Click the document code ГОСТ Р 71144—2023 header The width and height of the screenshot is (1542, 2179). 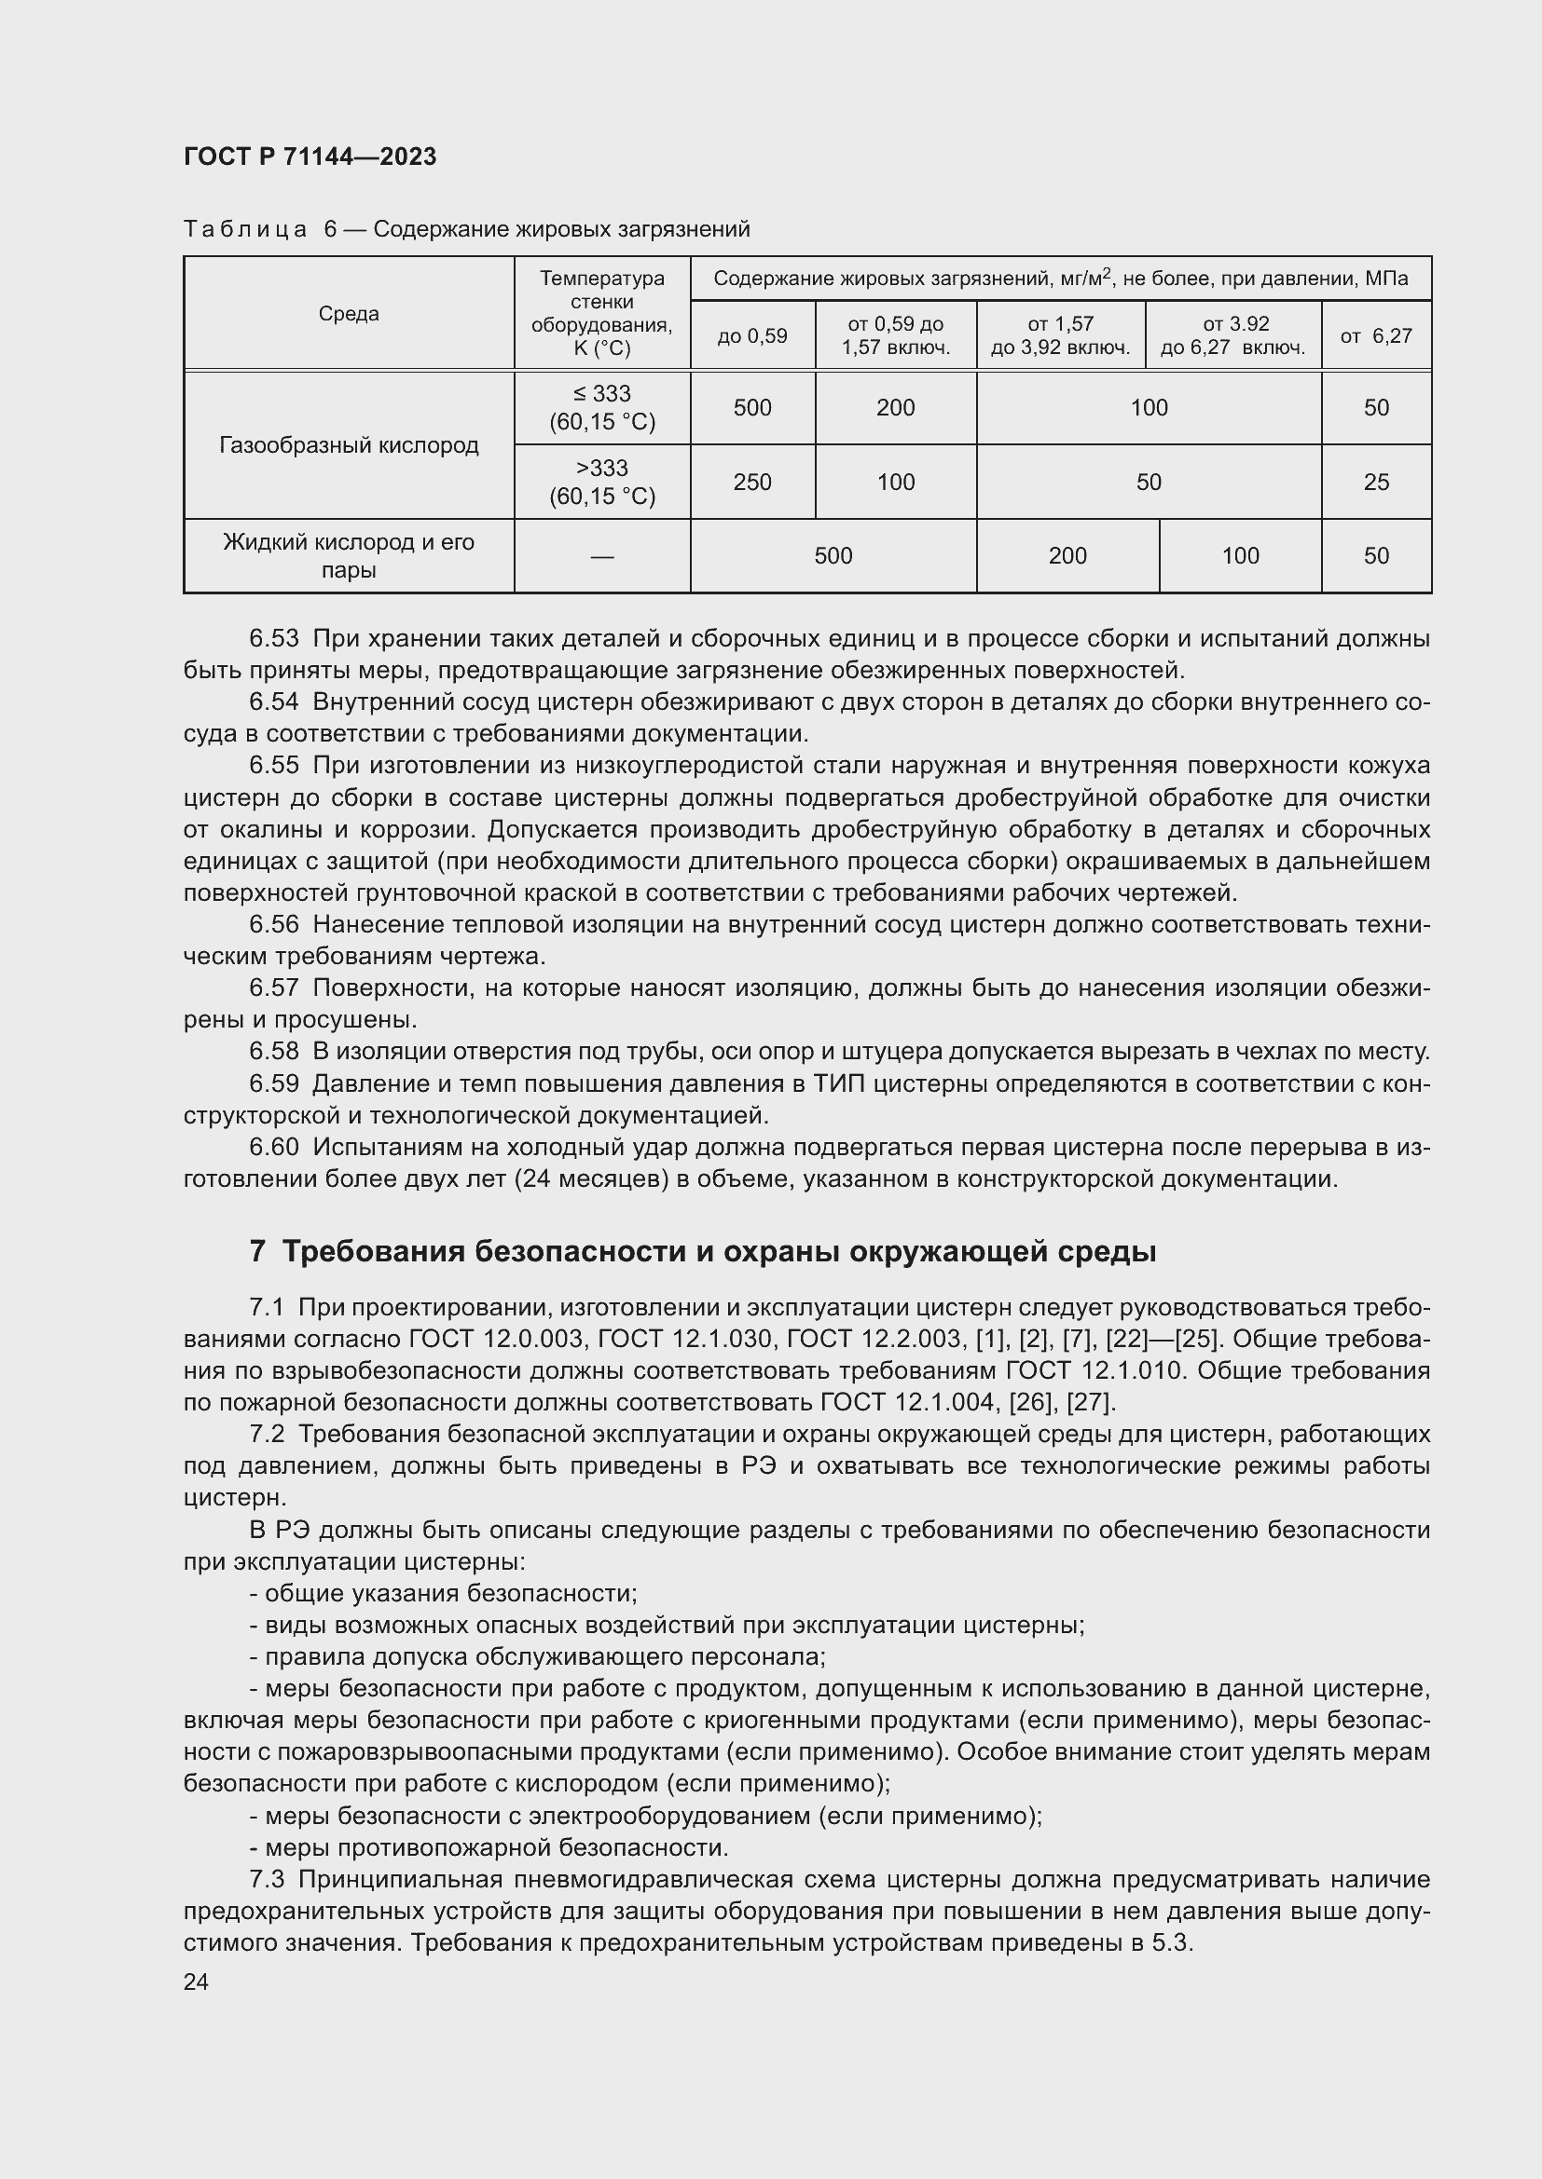tap(310, 157)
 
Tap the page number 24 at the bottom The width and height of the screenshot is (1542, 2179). tap(196, 1982)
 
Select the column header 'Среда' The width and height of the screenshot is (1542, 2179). tap(349, 314)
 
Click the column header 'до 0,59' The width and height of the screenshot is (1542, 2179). tap(752, 336)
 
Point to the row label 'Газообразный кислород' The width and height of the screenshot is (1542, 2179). tap(349, 445)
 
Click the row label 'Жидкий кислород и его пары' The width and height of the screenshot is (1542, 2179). tap(349, 556)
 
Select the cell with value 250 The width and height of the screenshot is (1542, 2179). tap(752, 483)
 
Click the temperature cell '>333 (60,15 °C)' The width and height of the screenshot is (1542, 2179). tap(602, 483)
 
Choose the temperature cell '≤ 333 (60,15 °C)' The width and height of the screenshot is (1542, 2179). tap(602, 408)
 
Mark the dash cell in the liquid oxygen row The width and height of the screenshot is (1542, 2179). tap(602, 556)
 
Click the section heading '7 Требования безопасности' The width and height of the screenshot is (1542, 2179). tap(703, 1252)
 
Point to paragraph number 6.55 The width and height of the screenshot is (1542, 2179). tap(273, 766)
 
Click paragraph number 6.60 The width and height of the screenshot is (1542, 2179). tap(273, 1148)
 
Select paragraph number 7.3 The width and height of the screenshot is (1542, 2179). tap(267, 1879)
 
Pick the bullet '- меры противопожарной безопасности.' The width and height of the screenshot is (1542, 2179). tap(489, 1846)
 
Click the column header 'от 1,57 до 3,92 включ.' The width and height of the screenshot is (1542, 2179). tap(1060, 336)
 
